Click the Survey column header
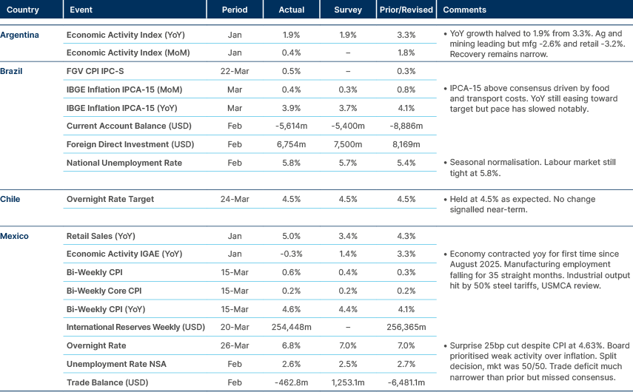[348, 10]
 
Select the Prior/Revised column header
[405, 10]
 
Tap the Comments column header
[464, 10]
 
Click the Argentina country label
[20, 35]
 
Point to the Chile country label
[10, 199]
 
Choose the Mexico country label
[15, 236]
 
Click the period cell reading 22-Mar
[234, 71]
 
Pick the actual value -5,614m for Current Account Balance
[292, 126]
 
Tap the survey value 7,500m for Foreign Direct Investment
[348, 144]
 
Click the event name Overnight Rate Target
[105, 199]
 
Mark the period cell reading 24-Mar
[234, 199]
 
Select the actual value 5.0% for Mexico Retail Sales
[292, 236]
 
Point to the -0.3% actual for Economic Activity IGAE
[292, 254]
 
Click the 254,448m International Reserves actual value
[292, 327]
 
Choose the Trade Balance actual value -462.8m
[292, 382]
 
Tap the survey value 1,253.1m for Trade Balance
[348, 382]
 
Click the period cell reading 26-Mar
[234, 345]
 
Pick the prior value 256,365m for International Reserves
[405, 327]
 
